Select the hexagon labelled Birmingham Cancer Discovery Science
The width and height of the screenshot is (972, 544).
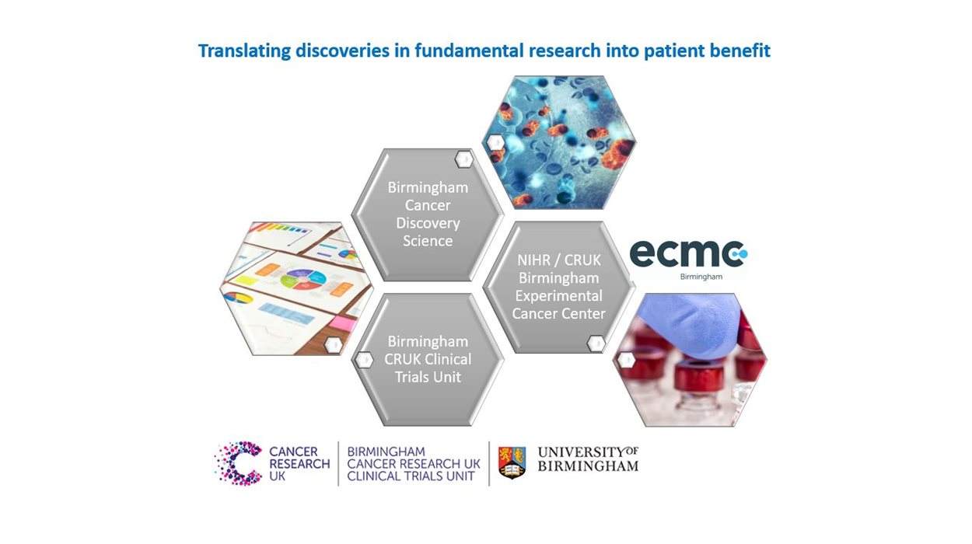(x=428, y=214)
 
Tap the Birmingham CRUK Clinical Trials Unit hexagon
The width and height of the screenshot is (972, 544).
(x=428, y=359)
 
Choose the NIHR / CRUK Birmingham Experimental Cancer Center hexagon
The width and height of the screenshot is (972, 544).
(x=558, y=287)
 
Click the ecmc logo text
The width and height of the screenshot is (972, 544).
(x=689, y=254)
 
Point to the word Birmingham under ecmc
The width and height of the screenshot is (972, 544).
(x=701, y=277)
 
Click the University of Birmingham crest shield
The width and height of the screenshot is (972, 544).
(x=512, y=462)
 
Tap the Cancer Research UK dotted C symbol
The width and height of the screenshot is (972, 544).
(x=238, y=463)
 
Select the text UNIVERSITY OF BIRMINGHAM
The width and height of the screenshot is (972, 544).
(x=589, y=459)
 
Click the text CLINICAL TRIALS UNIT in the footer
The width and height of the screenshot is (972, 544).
(x=411, y=476)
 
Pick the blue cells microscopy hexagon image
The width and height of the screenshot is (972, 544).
(x=559, y=142)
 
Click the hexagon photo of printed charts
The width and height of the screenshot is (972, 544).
(x=296, y=288)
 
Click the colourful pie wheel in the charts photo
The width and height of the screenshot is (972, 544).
(x=303, y=279)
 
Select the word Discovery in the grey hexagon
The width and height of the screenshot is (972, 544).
(x=428, y=223)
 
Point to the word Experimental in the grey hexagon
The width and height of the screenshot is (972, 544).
(x=559, y=296)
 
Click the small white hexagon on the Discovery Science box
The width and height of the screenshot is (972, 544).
(x=464, y=159)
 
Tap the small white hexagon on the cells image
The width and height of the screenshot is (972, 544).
(x=495, y=142)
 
